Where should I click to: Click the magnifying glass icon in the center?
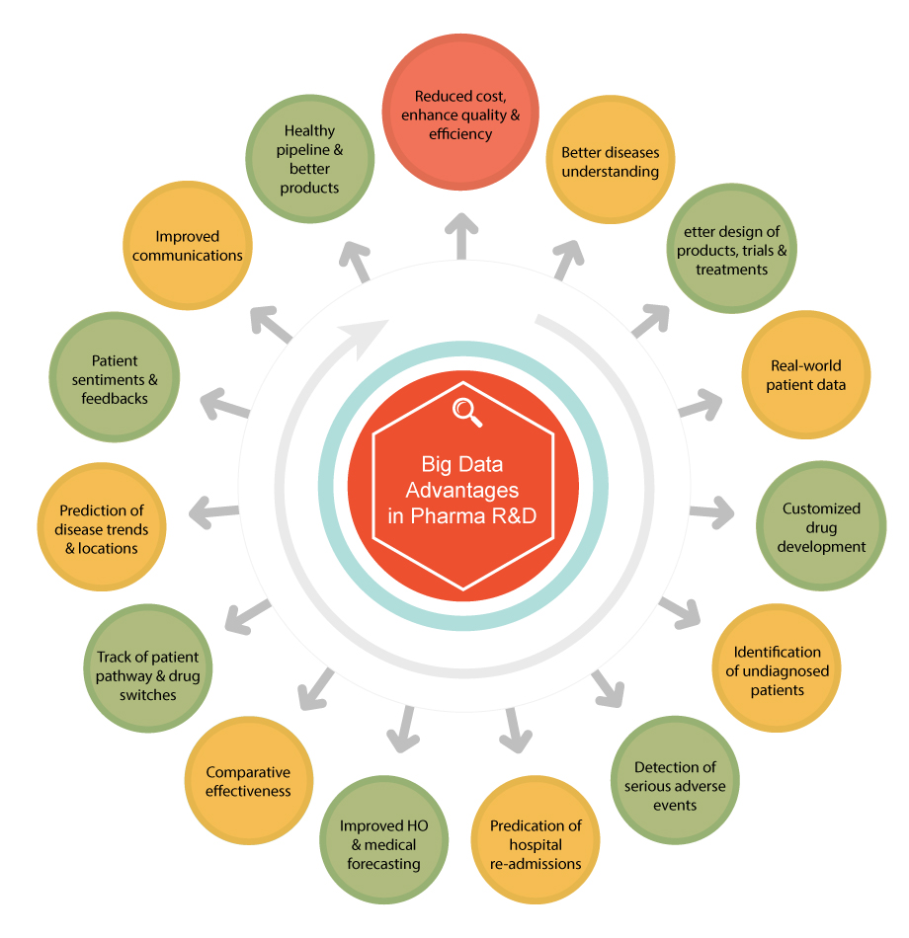click(x=466, y=412)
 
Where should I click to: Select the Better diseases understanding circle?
click(x=610, y=163)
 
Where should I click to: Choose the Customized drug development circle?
click(x=821, y=526)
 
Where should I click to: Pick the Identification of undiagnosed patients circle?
click(x=777, y=670)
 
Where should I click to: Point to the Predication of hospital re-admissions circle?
click(x=536, y=842)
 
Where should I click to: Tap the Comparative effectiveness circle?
click(x=248, y=781)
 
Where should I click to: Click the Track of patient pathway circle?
click(x=147, y=675)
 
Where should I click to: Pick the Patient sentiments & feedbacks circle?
click(x=115, y=378)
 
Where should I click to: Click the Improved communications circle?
click(x=188, y=245)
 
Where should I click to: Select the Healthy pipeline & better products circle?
click(x=309, y=158)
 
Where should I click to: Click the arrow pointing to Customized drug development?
click(x=711, y=512)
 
